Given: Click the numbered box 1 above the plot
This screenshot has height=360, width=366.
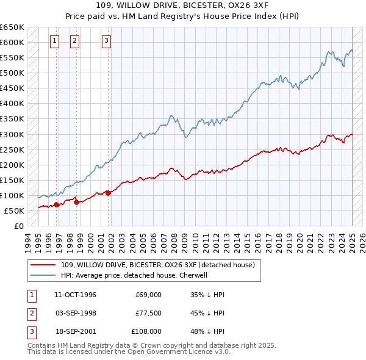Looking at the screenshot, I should [x=54, y=41].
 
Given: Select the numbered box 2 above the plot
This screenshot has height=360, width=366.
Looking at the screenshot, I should [x=74, y=41].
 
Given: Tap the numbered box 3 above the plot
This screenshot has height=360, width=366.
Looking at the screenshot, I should [x=106, y=41].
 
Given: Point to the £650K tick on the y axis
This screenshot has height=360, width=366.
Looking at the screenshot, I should [x=12, y=27].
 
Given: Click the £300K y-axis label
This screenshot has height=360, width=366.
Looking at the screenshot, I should [x=12, y=134].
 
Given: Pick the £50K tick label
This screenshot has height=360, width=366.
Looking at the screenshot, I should [x=15, y=211].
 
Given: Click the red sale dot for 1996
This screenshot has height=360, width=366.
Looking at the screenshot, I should [x=57, y=204].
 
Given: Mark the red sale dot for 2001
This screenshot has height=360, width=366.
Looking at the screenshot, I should [x=108, y=193].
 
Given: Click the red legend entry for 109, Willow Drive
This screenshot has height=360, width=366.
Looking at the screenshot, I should [x=161, y=265].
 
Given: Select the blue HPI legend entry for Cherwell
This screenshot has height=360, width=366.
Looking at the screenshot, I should [x=134, y=275].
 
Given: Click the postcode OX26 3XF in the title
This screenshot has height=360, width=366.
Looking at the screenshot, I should [x=235, y=7].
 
